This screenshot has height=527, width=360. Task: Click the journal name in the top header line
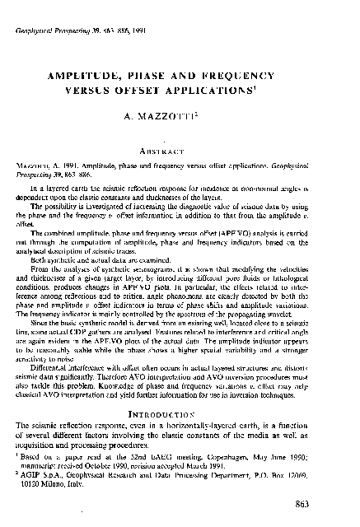[x=51, y=28]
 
